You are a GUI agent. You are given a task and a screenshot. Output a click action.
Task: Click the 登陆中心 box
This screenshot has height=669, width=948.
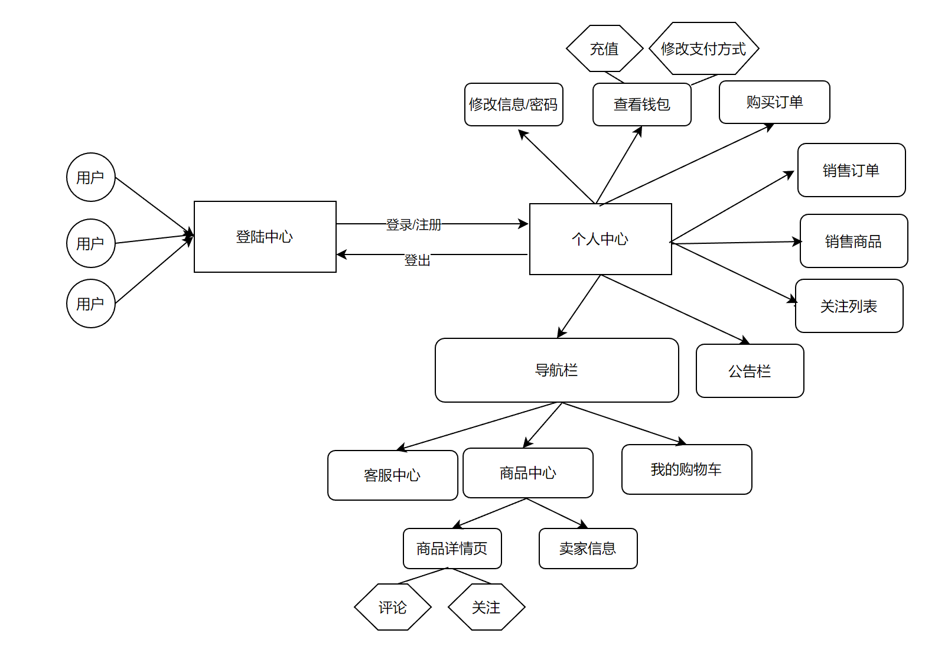click(x=265, y=237)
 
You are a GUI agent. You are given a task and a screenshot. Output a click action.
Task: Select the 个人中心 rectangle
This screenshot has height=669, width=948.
click(x=600, y=239)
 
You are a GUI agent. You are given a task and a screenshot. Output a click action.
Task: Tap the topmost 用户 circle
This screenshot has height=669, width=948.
click(x=90, y=177)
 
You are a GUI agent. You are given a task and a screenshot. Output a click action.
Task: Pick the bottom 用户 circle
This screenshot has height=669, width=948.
click(x=90, y=304)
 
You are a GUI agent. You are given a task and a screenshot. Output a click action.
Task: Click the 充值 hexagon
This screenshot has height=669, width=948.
click(x=604, y=48)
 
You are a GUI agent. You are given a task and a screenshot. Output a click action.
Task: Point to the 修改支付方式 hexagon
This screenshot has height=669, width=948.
click(x=703, y=48)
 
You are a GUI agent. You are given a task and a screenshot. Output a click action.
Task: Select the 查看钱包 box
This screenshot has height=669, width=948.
click(x=641, y=105)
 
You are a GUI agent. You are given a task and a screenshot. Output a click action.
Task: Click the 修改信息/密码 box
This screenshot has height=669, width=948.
click(x=513, y=105)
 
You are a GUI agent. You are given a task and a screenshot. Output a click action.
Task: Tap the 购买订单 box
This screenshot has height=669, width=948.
click(x=774, y=102)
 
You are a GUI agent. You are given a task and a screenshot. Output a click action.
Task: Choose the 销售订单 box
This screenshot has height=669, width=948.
click(x=851, y=170)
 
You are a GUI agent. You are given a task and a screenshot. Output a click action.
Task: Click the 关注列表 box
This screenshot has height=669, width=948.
click(x=849, y=306)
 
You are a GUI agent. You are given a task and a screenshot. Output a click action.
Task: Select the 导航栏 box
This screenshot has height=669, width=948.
click(x=556, y=370)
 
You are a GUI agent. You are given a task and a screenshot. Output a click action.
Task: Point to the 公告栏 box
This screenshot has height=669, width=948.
click(x=750, y=371)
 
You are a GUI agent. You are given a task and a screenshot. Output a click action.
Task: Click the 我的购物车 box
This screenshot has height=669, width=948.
click(x=686, y=469)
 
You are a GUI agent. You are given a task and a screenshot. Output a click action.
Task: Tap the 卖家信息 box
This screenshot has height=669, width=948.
click(x=588, y=549)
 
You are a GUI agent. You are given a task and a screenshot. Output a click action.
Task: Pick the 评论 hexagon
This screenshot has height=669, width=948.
click(x=393, y=607)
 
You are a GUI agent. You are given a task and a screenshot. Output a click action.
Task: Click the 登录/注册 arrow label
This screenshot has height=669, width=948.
click(x=413, y=224)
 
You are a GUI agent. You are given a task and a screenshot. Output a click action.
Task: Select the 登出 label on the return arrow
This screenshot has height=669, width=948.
click(x=417, y=260)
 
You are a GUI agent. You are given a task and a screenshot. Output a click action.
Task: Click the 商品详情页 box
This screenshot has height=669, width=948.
click(x=452, y=549)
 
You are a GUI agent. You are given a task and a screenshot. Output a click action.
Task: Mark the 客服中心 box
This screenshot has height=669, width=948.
click(x=392, y=475)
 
